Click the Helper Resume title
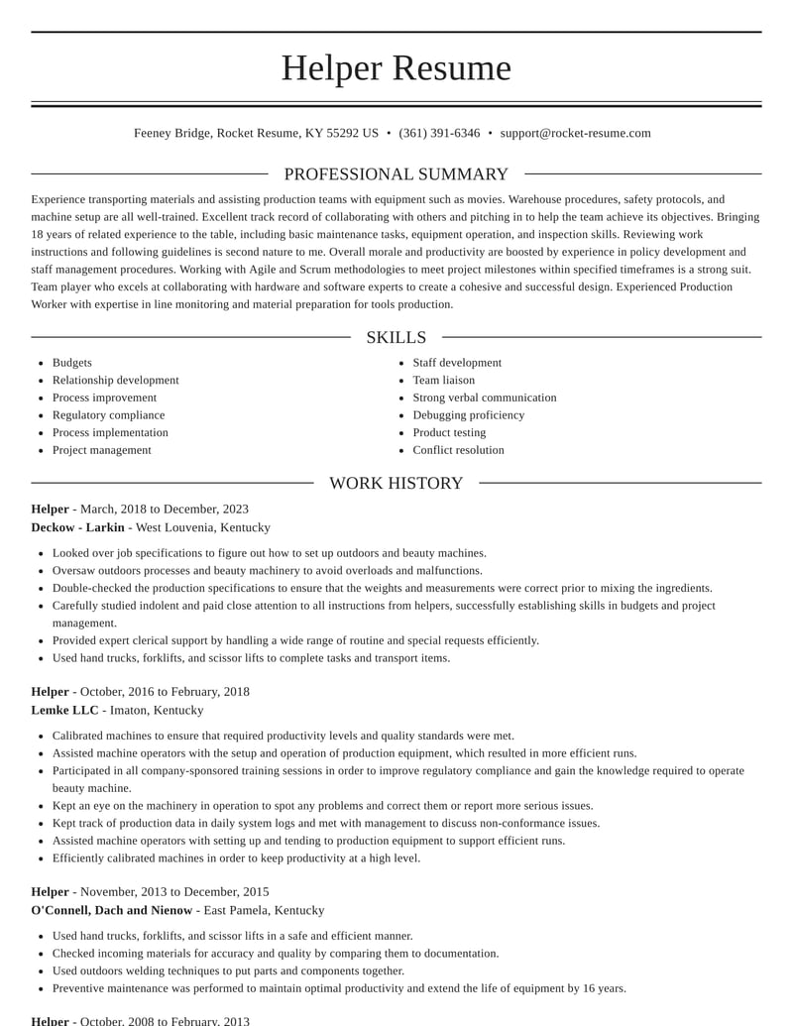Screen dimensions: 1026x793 [396, 68]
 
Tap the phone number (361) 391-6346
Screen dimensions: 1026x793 [439, 133]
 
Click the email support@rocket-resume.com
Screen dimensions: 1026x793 [575, 133]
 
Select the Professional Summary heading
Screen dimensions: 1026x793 [396, 174]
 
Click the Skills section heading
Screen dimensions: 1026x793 [396, 337]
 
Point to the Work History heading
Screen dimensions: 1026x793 [396, 483]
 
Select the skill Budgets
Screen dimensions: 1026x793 [71, 363]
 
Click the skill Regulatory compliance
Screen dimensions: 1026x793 [108, 415]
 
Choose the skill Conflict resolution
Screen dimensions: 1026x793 [458, 450]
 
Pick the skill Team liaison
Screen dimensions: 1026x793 [443, 381]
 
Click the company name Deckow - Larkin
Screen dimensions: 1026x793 [77, 527]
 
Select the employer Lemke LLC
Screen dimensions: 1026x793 [64, 710]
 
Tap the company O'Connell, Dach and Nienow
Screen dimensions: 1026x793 [111, 910]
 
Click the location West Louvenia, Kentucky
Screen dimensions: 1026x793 [202, 527]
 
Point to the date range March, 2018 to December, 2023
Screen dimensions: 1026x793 [165, 510]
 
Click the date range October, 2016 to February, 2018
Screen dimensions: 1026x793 [165, 692]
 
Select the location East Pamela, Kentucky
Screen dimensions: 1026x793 [264, 910]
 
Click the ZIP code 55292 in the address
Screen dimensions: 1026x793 [342, 133]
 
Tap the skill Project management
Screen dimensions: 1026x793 [101, 450]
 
